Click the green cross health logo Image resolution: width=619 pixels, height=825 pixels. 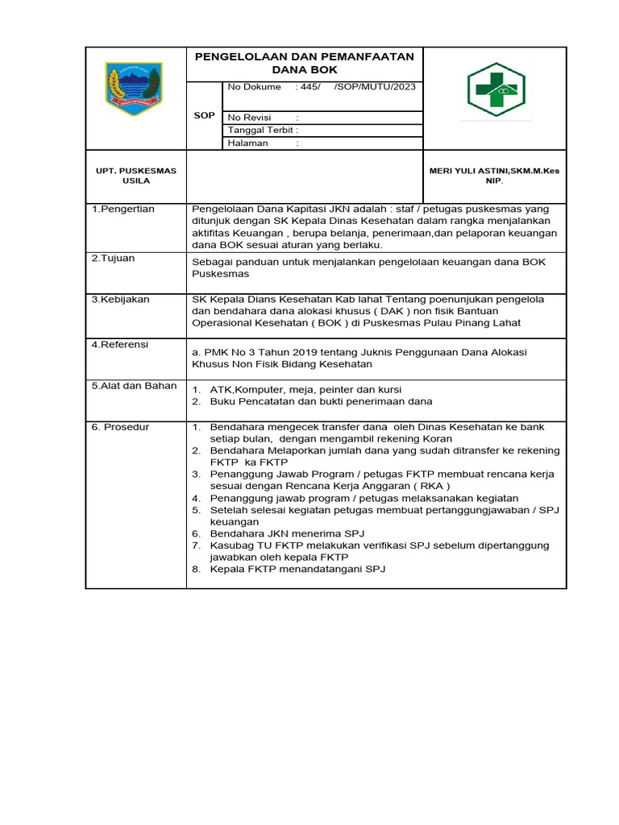[496, 90]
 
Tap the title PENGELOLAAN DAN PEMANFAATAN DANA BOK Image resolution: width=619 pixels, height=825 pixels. [304, 63]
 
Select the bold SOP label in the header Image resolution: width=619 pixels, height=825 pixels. [205, 115]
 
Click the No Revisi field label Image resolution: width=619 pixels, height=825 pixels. [248, 118]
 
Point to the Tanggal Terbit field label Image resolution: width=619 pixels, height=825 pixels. [263, 130]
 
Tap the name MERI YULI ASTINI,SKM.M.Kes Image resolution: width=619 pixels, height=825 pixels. [493, 171]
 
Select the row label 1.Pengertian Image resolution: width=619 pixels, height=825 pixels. [123, 209]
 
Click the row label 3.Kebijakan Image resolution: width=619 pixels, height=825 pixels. [120, 299]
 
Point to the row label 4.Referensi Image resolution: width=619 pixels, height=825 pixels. [120, 345]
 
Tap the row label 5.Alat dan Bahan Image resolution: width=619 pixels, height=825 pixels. [134, 386]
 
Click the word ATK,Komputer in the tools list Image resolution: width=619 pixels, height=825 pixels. [241, 389]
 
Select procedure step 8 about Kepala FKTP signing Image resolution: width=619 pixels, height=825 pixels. [297, 570]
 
